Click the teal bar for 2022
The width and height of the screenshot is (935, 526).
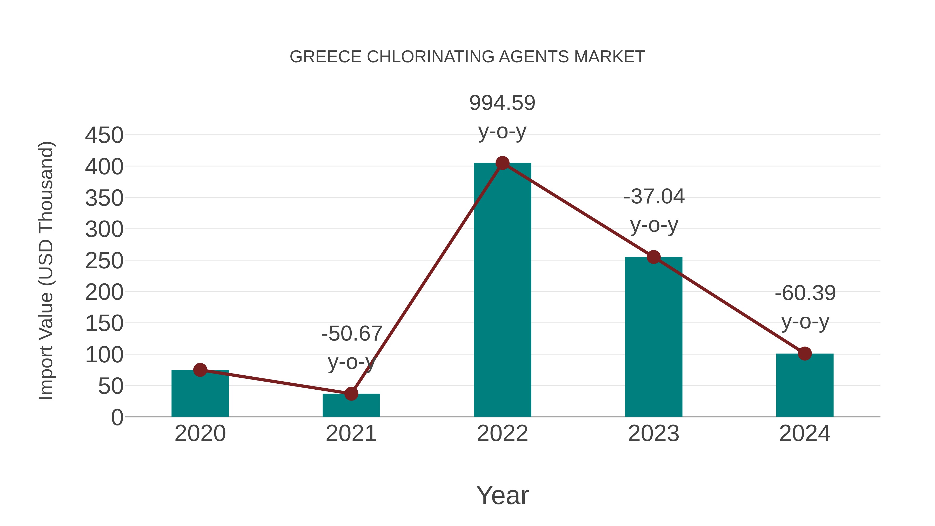pyautogui.click(x=502, y=290)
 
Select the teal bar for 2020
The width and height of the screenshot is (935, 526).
pyautogui.click(x=200, y=394)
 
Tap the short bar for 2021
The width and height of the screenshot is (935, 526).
pyautogui.click(x=351, y=406)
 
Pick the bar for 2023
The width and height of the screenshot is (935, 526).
pyautogui.click(x=653, y=338)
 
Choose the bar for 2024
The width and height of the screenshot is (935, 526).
pyautogui.click(x=805, y=385)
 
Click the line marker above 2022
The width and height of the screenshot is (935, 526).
pyautogui.click(x=502, y=163)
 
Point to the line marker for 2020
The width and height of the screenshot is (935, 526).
pyautogui.click(x=200, y=370)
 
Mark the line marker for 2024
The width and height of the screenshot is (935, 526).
pyautogui.click(x=805, y=353)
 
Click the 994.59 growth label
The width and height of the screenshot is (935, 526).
pyautogui.click(x=502, y=103)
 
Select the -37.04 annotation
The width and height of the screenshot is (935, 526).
pyautogui.click(x=654, y=197)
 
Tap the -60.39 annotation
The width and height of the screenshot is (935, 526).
pyautogui.click(x=805, y=293)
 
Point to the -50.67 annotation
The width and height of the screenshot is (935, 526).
pyautogui.click(x=351, y=334)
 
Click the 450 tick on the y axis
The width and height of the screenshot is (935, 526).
pyautogui.click(x=104, y=135)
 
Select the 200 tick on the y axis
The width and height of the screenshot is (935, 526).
pyautogui.click(x=104, y=292)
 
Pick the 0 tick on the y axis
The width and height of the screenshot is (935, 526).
pyautogui.click(x=117, y=417)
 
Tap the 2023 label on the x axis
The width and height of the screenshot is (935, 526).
pyautogui.click(x=653, y=434)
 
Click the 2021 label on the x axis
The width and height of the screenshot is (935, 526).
pyautogui.click(x=351, y=434)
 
